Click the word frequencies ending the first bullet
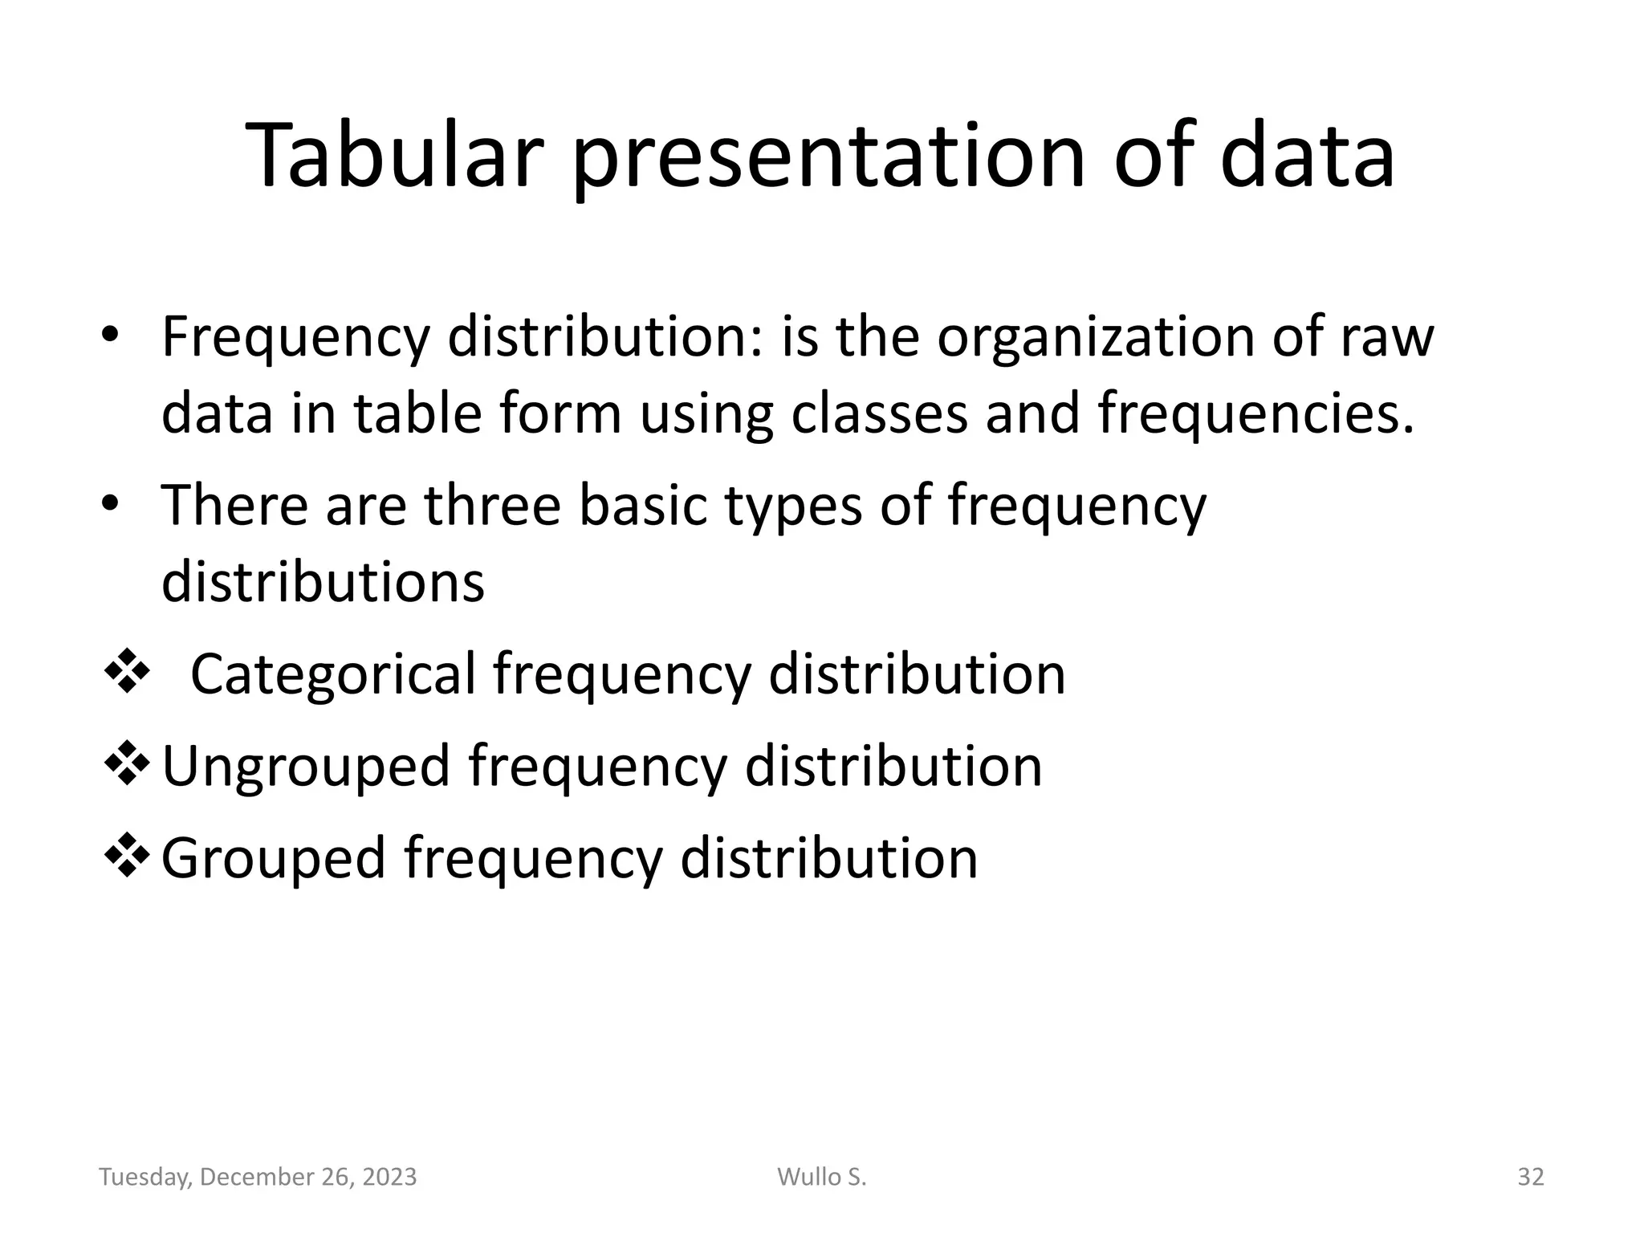[1253, 414]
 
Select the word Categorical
[333, 674]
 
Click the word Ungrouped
[306, 767]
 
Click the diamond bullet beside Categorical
[128, 671]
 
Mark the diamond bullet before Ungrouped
[128, 763]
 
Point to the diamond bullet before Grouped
[128, 856]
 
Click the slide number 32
[1530, 1177]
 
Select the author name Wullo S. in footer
[822, 1177]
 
